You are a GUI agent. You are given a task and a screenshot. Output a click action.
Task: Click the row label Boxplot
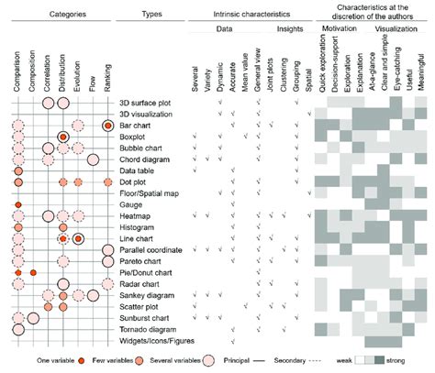(135, 137)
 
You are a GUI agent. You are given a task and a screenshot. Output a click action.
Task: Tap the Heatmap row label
(136, 215)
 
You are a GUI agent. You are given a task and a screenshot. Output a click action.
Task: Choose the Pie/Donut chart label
(146, 272)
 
